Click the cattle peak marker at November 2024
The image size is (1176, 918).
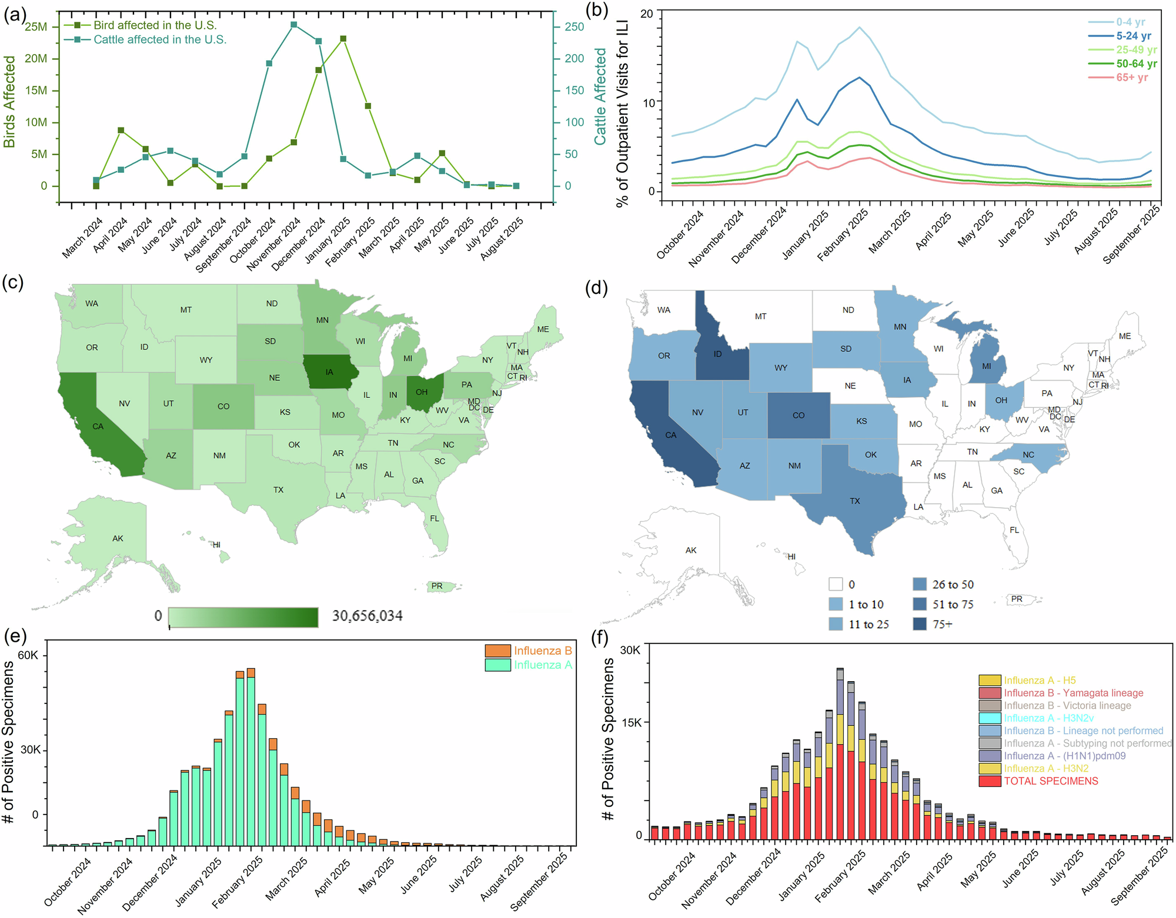(x=293, y=25)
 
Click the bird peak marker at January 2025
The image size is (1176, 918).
(x=343, y=39)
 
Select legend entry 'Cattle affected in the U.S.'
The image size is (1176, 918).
(x=159, y=39)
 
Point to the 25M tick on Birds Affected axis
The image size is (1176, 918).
(x=36, y=27)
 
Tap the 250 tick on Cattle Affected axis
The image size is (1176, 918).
(x=574, y=27)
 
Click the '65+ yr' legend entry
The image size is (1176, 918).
(x=1131, y=78)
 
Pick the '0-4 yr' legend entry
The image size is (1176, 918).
(x=1130, y=22)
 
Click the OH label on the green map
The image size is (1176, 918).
(x=422, y=392)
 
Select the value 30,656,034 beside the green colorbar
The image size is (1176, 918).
(x=367, y=616)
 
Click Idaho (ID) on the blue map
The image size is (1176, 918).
(x=717, y=354)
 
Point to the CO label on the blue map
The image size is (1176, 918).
(x=798, y=416)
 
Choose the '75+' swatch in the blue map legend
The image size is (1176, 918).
(x=920, y=624)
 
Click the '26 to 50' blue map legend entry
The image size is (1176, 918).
(x=953, y=585)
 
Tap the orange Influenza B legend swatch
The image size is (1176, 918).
(x=497, y=651)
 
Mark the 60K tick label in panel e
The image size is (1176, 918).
(x=28, y=655)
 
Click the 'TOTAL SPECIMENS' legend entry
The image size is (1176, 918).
(x=1051, y=781)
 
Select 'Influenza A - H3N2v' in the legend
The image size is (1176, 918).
(x=1048, y=718)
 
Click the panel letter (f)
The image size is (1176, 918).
(x=599, y=639)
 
